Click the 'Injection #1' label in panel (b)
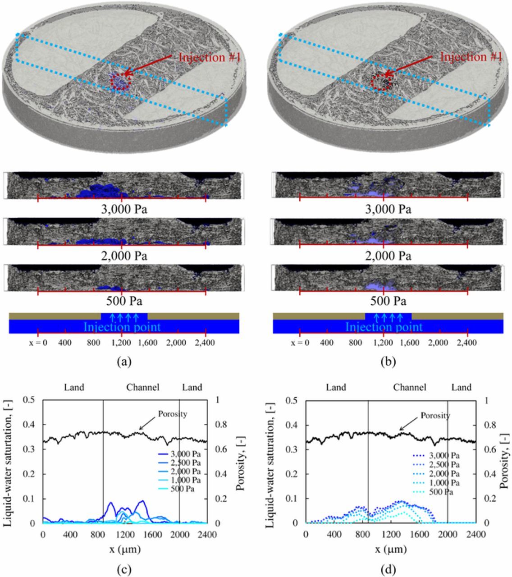click(x=471, y=57)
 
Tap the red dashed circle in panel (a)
click(x=120, y=81)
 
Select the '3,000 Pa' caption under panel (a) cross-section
click(x=123, y=209)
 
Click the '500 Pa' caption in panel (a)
click(x=123, y=301)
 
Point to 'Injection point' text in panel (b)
click(x=384, y=327)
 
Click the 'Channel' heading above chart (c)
click(x=143, y=387)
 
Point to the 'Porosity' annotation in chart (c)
click(x=172, y=414)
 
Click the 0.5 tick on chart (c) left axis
click(x=28, y=400)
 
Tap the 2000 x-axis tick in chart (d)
click(x=448, y=535)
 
